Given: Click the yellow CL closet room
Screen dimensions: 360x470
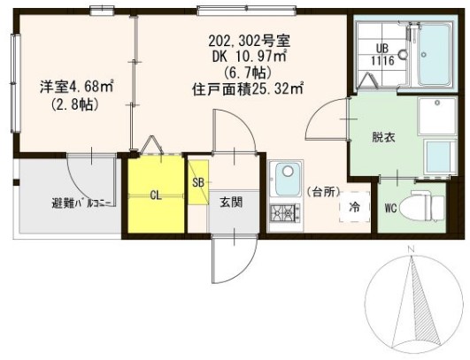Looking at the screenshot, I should coord(155,195).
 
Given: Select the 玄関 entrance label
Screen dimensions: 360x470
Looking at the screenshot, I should coord(232,201).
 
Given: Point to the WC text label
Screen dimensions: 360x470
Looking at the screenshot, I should coord(390,210).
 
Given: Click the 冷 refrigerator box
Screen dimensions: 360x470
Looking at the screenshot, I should coord(353,206).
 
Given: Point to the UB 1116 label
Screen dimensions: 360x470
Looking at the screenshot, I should coord(382,55).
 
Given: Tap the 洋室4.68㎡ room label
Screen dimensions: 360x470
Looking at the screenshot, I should coord(76,87).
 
